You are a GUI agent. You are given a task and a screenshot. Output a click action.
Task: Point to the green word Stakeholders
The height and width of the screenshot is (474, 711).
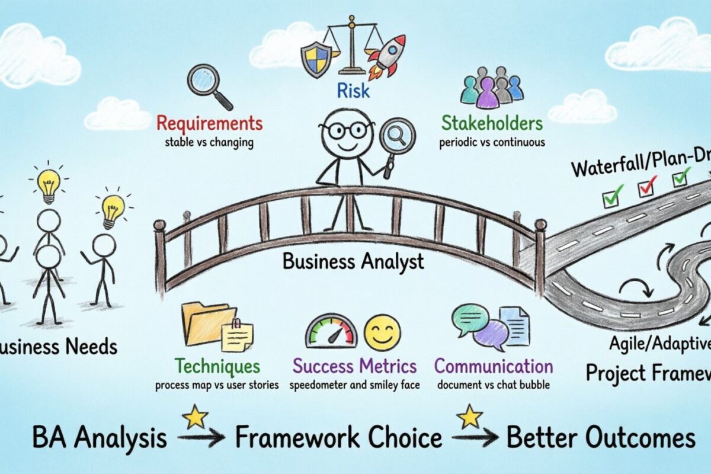click(x=492, y=124)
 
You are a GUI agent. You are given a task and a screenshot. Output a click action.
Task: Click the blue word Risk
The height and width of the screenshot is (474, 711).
click(x=353, y=91)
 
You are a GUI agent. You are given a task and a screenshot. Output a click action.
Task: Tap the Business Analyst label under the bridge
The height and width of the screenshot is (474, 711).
click(x=353, y=261)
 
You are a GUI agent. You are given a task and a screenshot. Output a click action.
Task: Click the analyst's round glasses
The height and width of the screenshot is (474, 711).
click(x=347, y=130)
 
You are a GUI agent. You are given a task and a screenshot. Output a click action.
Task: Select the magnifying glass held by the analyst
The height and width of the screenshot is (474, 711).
click(x=396, y=136)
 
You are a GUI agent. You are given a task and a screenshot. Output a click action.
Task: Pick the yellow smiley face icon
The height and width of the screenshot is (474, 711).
click(x=382, y=332)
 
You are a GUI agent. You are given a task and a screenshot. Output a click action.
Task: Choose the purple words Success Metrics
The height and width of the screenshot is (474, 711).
click(x=354, y=366)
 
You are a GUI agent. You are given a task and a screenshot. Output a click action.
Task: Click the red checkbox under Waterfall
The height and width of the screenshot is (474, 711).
click(x=646, y=187)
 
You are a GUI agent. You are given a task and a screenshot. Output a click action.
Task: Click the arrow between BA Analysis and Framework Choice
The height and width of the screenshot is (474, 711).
click(x=201, y=438)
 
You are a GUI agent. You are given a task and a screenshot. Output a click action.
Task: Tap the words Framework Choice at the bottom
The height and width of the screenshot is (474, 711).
click(x=338, y=438)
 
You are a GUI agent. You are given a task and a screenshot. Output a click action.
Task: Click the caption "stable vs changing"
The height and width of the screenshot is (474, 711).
click(x=209, y=142)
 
